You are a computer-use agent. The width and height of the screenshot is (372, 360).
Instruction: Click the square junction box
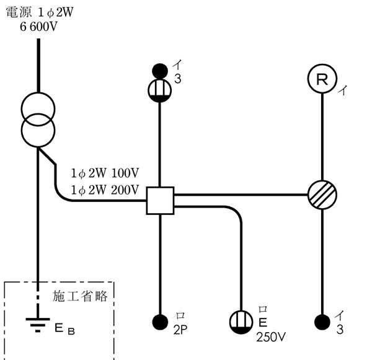pyautogui.click(x=160, y=201)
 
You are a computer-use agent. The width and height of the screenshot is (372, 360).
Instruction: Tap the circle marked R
pyautogui.click(x=322, y=79)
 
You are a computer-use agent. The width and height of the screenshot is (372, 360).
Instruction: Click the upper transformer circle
pyautogui.click(x=39, y=108)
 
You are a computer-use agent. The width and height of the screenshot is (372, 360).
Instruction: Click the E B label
pyautogui.click(x=64, y=327)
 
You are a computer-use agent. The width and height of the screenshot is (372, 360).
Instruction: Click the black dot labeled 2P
pyautogui.click(x=161, y=322)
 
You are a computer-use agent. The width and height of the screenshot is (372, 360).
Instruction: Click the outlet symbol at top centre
pyautogui.click(x=161, y=90)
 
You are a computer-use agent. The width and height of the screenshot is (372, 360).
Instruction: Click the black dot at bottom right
pyautogui.click(x=322, y=322)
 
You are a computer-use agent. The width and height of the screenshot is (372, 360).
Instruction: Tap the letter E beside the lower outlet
pyautogui.click(x=262, y=323)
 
